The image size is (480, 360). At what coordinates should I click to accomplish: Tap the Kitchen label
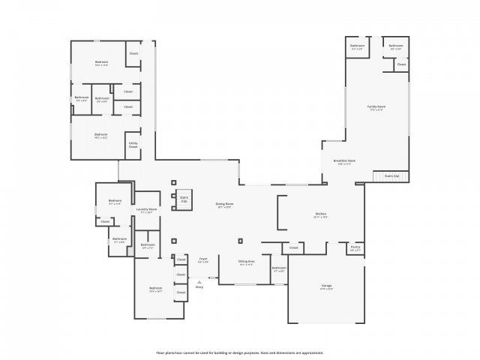click(x=320, y=215)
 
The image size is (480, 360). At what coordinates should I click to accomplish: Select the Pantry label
click(x=355, y=248)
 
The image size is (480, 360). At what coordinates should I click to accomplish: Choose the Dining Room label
click(x=224, y=205)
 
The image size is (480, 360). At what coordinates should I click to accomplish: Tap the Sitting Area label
click(x=247, y=263)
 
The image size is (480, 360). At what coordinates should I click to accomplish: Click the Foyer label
click(x=203, y=260)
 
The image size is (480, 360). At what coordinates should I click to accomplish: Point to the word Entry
click(x=199, y=287)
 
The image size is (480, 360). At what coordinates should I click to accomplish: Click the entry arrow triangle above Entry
click(x=199, y=282)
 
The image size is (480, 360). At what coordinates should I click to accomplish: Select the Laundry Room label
click(x=148, y=211)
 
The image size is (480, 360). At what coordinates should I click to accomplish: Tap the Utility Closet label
click(x=133, y=145)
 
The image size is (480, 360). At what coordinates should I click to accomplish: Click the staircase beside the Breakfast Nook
click(x=391, y=176)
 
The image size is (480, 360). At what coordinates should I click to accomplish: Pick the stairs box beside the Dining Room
click(x=183, y=199)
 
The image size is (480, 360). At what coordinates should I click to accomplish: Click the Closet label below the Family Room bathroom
click(x=401, y=64)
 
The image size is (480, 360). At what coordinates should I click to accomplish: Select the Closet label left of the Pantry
click(x=294, y=247)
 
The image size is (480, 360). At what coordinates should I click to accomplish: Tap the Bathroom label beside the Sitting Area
click(x=279, y=269)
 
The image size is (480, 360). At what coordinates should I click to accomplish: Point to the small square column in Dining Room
click(x=240, y=241)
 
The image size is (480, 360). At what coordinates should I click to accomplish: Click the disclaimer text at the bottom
click(x=240, y=352)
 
